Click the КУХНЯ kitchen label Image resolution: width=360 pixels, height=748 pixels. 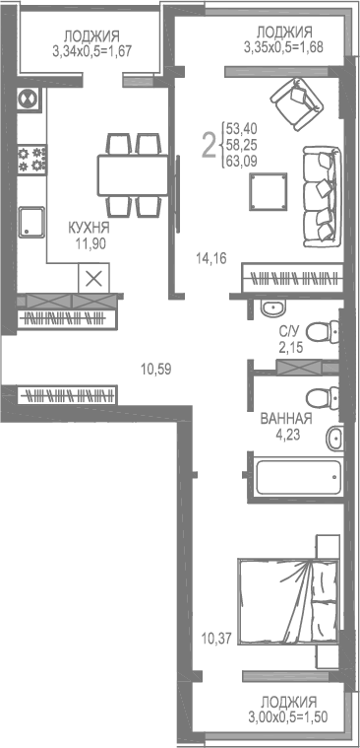pyautogui.click(x=89, y=227)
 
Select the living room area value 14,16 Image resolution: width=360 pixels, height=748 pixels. pyautogui.click(x=211, y=260)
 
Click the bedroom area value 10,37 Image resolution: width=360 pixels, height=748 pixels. pyautogui.click(x=215, y=638)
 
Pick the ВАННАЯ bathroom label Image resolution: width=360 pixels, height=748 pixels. pyautogui.click(x=286, y=418)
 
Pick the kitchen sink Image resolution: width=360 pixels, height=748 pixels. pyautogui.click(x=32, y=224)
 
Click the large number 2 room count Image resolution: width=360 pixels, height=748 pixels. pyautogui.click(x=209, y=146)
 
